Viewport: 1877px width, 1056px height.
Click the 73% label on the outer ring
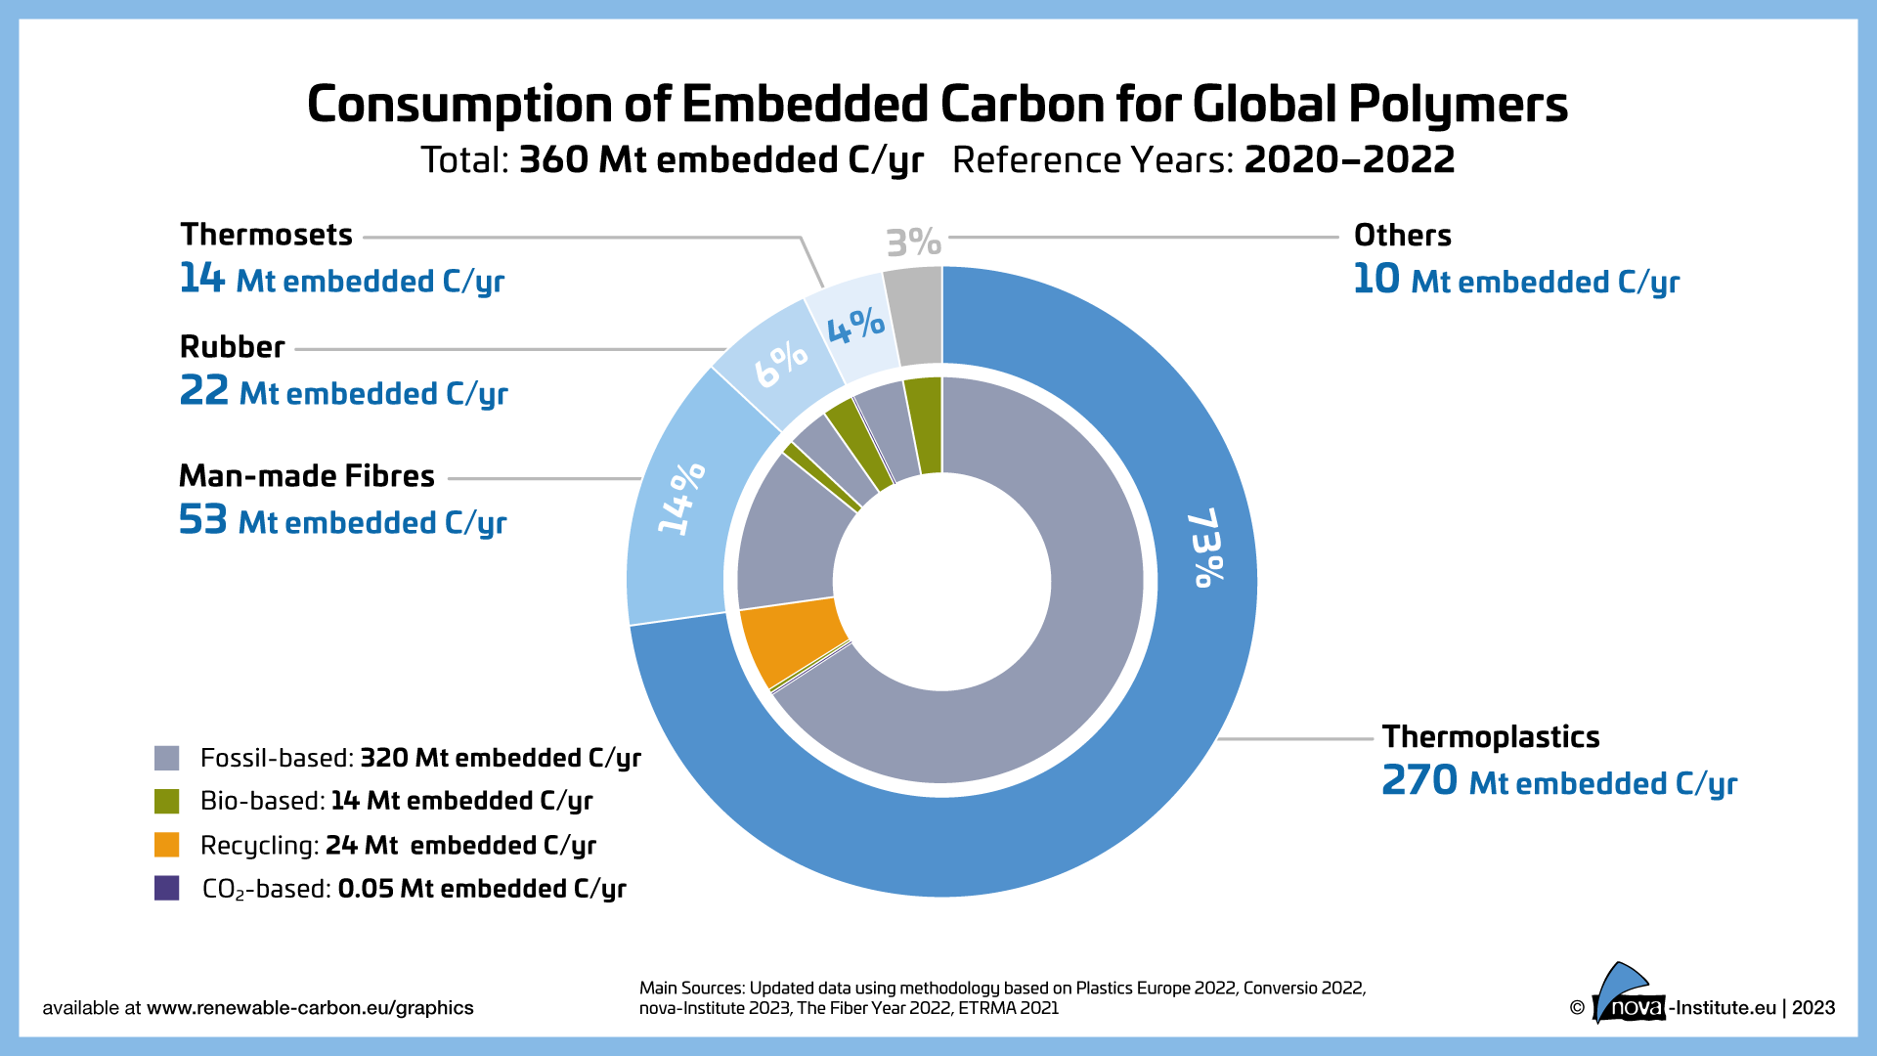1205,548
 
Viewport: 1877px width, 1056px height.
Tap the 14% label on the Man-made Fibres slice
680,499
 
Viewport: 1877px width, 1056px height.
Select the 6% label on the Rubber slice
780,364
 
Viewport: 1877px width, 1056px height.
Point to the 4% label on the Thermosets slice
855,326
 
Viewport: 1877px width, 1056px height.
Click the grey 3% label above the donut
913,242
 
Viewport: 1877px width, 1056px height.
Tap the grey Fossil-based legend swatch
167,758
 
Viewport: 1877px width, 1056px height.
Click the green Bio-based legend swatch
167,801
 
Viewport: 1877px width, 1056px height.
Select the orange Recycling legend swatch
167,845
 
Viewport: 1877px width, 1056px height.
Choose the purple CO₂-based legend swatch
167,888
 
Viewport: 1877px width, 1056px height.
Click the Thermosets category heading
266,235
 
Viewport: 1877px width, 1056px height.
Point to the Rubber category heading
232,347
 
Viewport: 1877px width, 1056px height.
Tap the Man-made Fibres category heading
306,476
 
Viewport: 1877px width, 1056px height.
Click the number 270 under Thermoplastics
1419,780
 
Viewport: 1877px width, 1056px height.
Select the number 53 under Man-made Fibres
202,520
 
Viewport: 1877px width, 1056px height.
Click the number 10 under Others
1376,280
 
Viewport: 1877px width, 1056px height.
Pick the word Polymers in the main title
1459,105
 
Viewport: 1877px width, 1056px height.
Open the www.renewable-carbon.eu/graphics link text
310,1008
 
